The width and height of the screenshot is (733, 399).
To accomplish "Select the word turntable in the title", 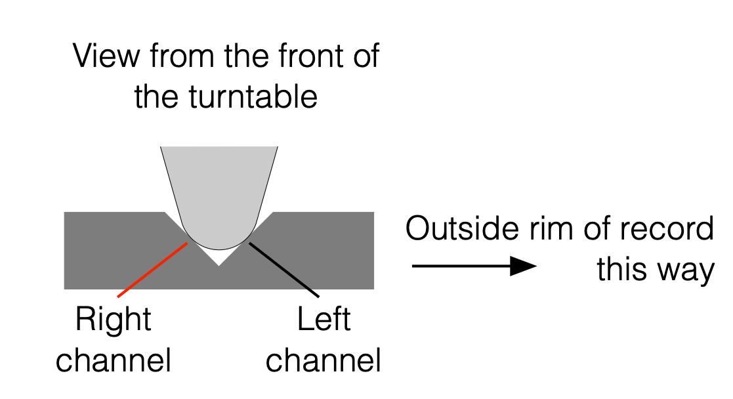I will [x=255, y=97].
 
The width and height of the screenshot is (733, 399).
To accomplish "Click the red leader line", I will [x=153, y=270].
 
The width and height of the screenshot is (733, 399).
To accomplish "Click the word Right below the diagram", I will [x=113, y=320].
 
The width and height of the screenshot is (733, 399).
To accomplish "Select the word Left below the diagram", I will [x=324, y=320].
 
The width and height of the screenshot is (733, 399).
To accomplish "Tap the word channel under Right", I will [x=113, y=360].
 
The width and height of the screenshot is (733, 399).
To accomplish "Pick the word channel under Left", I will [x=324, y=360].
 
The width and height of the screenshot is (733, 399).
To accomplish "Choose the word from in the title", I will [x=184, y=56].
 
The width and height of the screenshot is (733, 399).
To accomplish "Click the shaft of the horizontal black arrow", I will [x=459, y=266].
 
